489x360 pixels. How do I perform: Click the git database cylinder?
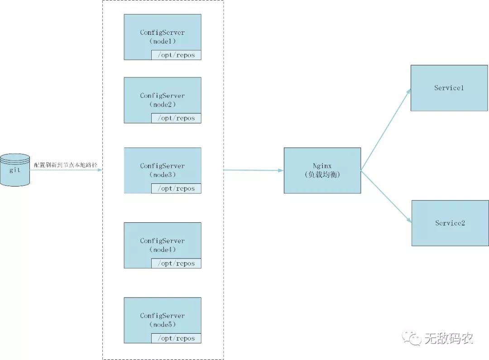click(15, 170)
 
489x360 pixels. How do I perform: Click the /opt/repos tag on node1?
click(176, 55)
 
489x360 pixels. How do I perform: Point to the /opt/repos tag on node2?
click(176, 118)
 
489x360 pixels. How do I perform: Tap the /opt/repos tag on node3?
click(176, 188)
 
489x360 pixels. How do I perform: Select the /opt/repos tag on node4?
click(176, 264)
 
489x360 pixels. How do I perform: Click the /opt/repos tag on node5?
click(176, 338)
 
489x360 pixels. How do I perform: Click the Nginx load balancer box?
click(322, 170)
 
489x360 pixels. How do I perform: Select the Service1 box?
click(449, 88)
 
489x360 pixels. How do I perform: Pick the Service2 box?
click(450, 223)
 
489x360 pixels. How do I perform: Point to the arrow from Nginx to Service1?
click(386, 129)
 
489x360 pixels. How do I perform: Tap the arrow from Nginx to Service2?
click(386, 197)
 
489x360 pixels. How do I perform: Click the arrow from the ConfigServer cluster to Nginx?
click(254, 170)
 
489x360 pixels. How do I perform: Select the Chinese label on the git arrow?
click(66, 165)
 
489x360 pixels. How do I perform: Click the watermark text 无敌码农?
click(448, 338)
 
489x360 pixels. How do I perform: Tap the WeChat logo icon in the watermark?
click(413, 337)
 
